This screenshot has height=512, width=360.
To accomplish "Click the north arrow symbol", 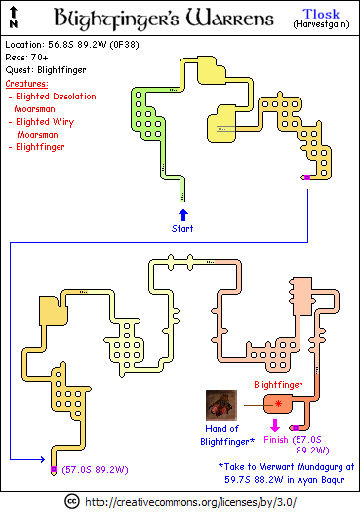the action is [14, 17].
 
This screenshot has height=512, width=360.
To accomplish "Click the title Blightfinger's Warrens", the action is [164, 18].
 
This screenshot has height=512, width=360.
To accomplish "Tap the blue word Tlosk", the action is [321, 14].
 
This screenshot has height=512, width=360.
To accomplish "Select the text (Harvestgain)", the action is [321, 24].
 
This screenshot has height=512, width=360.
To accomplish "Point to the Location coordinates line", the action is [72, 45].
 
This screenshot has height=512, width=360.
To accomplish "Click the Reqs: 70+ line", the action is [26, 58].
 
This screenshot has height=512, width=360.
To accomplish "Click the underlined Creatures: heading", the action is [26, 84].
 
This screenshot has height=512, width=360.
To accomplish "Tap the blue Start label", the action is [182, 228].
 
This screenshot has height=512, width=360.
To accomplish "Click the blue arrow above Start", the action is [183, 215].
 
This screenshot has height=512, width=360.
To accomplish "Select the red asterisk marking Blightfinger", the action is [278, 404].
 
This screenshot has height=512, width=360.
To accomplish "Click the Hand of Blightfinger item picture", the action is [221, 406].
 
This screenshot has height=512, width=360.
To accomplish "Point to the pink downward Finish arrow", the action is [275, 425].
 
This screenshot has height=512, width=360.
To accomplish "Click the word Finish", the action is [276, 440].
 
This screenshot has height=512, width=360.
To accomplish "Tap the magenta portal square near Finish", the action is [296, 428].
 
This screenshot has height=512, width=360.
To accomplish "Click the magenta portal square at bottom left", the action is [54, 469].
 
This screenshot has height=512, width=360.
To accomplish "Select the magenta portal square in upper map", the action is [307, 177].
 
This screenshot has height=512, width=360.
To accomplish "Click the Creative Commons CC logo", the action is [72, 501].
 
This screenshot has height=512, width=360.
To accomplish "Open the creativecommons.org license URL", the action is [191, 502].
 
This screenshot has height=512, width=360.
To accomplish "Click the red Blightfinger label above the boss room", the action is [278, 385].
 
